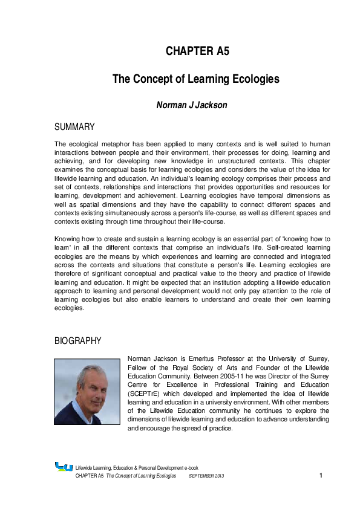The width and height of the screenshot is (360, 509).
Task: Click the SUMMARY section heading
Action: [x=74, y=127]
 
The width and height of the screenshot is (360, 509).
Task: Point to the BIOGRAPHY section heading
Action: [x=77, y=341]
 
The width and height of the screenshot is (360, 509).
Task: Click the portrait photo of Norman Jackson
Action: [x=87, y=392]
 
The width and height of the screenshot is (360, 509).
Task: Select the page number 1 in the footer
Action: [x=321, y=476]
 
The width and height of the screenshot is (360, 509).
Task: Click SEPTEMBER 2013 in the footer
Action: [x=206, y=476]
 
